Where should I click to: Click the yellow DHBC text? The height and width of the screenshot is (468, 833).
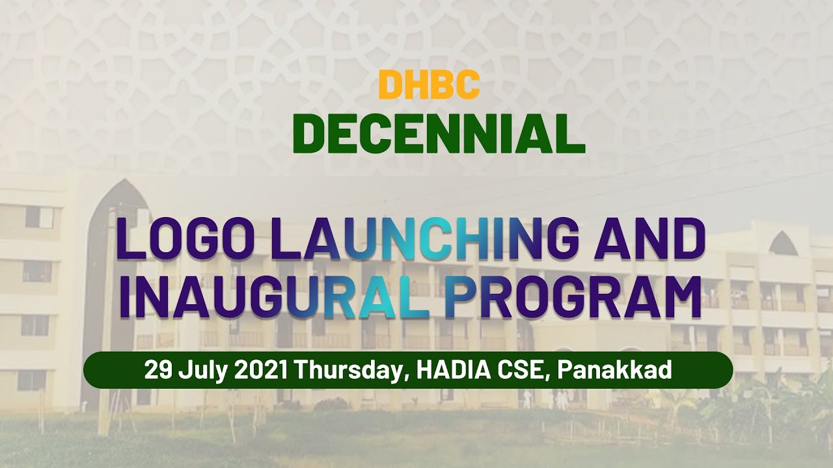(x=429, y=84)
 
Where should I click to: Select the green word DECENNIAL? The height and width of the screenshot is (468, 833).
(x=439, y=133)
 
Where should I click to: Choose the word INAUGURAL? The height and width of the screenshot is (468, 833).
(x=273, y=297)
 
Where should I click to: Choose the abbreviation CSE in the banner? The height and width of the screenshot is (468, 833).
(x=523, y=370)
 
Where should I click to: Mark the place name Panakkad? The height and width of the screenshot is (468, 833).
(x=614, y=370)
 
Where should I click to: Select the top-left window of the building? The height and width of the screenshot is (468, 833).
(x=38, y=217)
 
